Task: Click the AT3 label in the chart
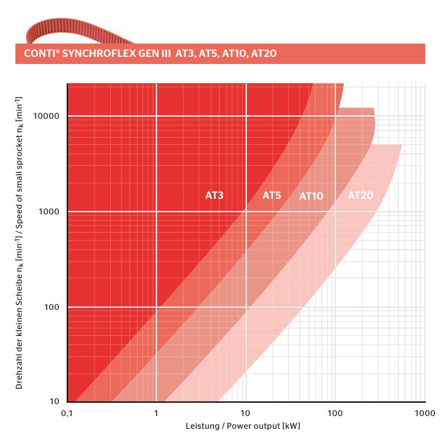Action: click(x=214, y=195)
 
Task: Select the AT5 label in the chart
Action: click(x=272, y=195)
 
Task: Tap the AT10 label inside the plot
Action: click(x=312, y=196)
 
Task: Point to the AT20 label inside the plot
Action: click(x=361, y=195)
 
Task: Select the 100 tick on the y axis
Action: click(x=51, y=307)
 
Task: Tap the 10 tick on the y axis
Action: click(x=54, y=401)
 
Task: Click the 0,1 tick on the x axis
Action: click(x=67, y=413)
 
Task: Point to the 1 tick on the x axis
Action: click(x=156, y=413)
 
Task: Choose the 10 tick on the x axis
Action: click(x=246, y=413)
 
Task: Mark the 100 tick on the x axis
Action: click(x=335, y=413)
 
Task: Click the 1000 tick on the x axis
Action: click(x=424, y=413)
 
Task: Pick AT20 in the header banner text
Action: click(x=269, y=53)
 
